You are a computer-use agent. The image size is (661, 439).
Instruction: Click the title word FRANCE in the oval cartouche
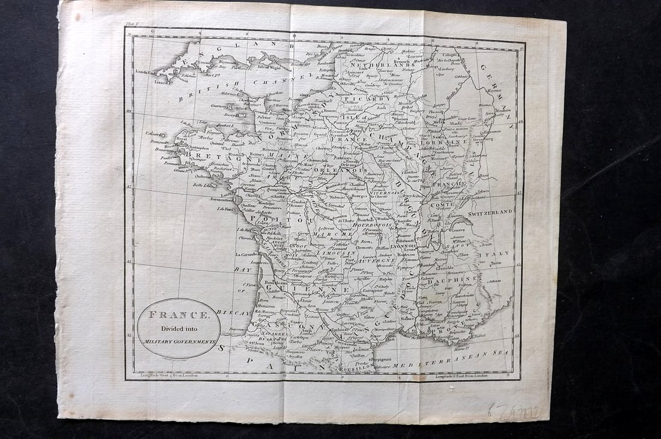pos(178,314)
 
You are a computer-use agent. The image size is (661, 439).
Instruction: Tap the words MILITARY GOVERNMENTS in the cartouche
pos(179,341)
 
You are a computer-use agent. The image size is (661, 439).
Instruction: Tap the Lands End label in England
pos(146,72)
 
